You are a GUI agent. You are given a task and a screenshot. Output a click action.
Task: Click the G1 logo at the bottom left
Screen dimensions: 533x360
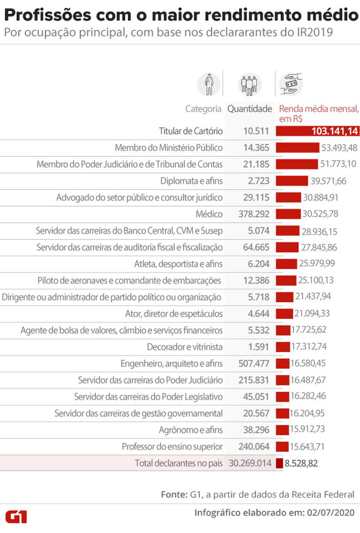click(16, 517)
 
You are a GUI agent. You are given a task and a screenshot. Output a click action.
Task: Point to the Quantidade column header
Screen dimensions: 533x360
click(250, 109)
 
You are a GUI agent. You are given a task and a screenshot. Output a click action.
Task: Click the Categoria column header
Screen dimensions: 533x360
click(203, 109)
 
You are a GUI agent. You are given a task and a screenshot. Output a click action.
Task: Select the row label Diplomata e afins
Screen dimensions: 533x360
click(192, 181)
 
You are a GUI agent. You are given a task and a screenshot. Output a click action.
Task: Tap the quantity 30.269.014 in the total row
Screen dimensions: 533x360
click(250, 463)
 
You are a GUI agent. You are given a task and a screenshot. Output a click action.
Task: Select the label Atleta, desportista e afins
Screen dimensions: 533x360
click(178, 264)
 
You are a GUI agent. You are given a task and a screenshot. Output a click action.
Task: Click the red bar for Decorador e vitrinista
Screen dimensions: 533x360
click(282, 347)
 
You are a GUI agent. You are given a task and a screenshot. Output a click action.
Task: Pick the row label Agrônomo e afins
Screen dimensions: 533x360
click(191, 430)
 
